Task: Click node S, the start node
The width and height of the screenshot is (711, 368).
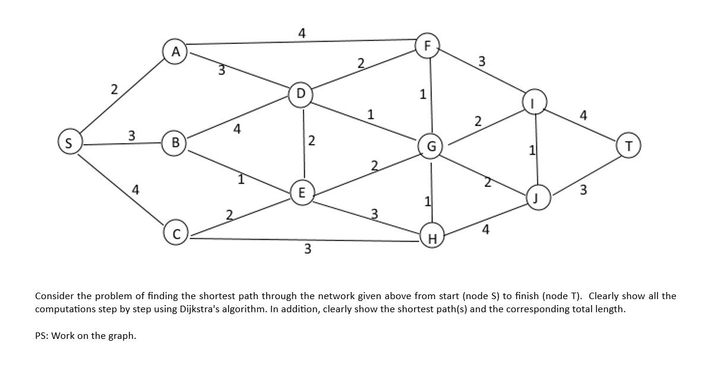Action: pos(69,143)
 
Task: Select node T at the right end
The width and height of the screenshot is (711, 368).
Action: pos(628,145)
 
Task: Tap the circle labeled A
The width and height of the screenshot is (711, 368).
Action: pos(175,52)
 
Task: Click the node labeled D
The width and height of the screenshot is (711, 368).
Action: pos(301,94)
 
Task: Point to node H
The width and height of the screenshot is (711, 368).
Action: pos(432,239)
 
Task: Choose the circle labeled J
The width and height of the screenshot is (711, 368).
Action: pos(536,198)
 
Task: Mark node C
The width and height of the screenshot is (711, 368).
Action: pos(176,234)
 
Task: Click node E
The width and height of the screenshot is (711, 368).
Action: pos(302,193)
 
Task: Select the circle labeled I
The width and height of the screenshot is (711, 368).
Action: pos(533,103)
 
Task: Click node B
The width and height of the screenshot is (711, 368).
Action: pos(175,143)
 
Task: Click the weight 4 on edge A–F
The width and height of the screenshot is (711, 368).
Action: pos(302,34)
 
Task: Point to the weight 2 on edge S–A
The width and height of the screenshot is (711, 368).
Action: pos(114,90)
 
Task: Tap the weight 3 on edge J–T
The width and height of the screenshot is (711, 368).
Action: pos(583,190)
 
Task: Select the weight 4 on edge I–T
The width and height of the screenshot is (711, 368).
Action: pos(583,115)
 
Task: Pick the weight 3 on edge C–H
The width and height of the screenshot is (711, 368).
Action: pos(307,249)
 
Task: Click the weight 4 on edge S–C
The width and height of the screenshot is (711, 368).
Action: pos(136,190)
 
